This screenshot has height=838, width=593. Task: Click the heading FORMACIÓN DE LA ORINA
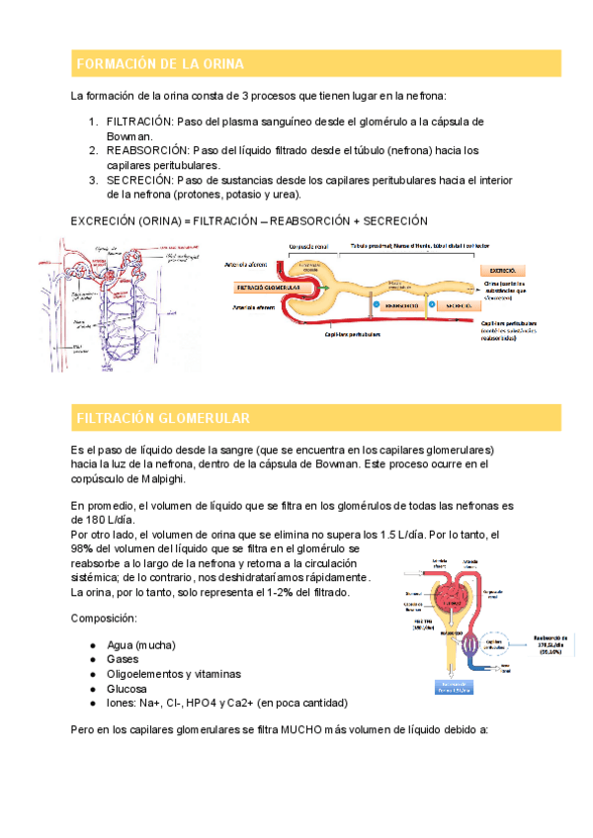tap(159, 64)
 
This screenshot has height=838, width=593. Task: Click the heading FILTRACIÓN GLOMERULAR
tap(163, 418)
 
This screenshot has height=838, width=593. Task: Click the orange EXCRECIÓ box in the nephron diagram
tap(503, 269)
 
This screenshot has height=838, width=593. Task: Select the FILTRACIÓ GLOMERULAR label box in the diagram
tap(270, 289)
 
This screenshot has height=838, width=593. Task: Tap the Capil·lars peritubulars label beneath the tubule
tap(353, 334)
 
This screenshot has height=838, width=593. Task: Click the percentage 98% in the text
tap(83, 548)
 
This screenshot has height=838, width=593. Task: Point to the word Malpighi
tap(158, 479)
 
